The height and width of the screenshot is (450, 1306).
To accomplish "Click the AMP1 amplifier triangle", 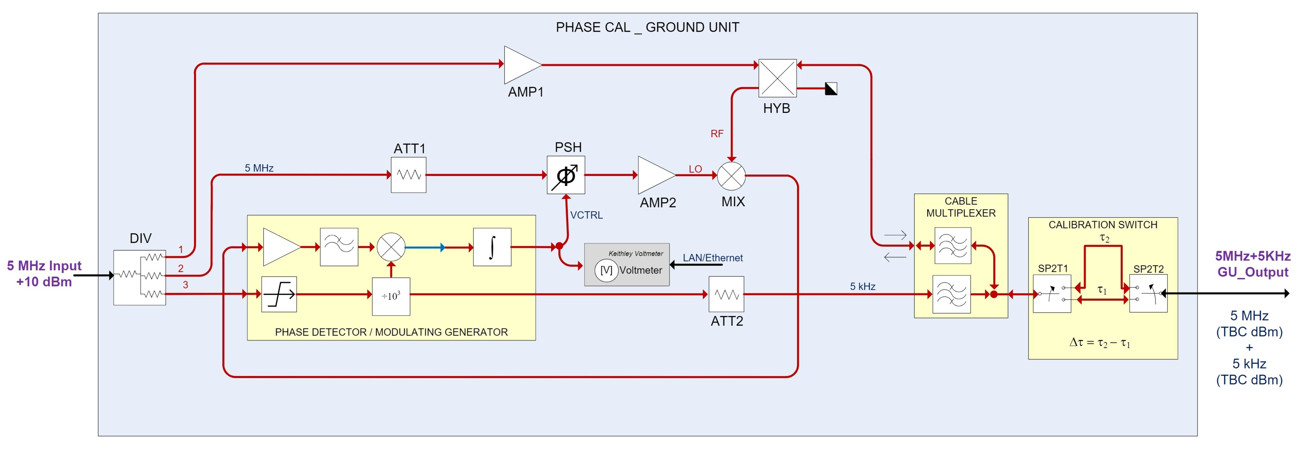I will coord(520,65).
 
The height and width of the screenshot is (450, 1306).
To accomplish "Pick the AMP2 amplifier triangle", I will coord(654,175).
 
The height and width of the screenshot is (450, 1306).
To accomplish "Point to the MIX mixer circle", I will coord(731,176).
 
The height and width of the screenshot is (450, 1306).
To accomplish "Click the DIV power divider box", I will coord(139,277).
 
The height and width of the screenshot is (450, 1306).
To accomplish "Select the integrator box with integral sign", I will coord(492,247).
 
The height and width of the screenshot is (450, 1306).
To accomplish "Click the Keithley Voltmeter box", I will coord(627,265).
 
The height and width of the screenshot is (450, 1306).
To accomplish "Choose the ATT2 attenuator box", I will coord(726,294).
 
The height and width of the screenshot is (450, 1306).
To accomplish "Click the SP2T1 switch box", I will coord(1052,294).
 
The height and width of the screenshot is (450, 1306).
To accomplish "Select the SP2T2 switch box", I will coord(1148,294).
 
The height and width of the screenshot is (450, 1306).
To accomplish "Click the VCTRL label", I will coord(587,215).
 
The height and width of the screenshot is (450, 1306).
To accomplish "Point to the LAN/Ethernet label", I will coord(712,258).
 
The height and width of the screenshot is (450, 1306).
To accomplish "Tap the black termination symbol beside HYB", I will coord(831,89).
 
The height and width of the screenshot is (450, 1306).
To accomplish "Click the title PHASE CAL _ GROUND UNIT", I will coord(648,27).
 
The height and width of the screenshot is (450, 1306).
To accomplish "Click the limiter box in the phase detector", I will coord(279,294).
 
